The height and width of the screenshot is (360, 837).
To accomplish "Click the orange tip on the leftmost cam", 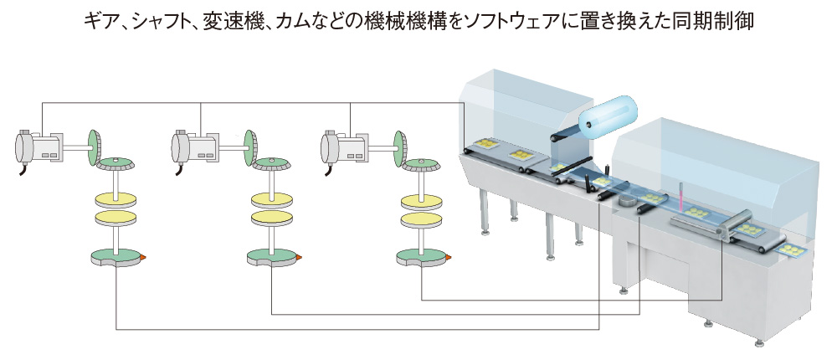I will (x=144, y=257).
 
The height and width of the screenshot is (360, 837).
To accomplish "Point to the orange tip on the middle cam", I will (x=299, y=257).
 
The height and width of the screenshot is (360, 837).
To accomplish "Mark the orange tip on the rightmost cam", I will (x=450, y=257).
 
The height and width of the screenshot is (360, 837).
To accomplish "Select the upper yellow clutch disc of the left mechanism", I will (x=116, y=200).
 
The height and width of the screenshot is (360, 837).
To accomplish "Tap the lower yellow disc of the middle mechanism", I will (x=271, y=219).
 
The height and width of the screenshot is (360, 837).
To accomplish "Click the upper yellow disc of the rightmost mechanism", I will (x=421, y=200).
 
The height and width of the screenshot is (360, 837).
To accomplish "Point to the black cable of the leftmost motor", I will (x=18, y=169).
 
